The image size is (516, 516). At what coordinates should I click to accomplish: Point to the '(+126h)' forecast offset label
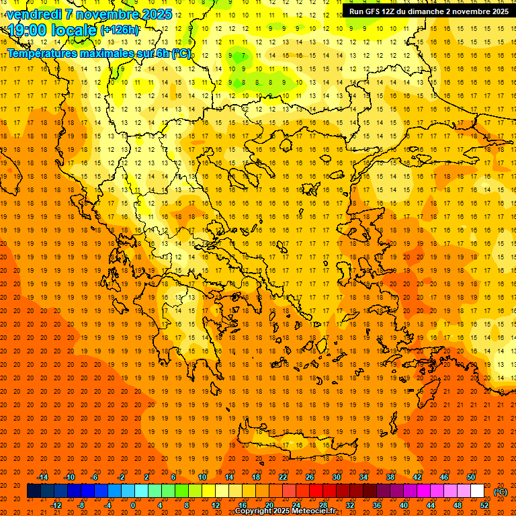pos(120,30)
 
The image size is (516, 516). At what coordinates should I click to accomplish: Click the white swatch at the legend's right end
pos(478,491)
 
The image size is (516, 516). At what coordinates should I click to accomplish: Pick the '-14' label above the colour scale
pos(42,477)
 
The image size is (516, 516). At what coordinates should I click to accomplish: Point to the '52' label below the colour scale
pos(484,505)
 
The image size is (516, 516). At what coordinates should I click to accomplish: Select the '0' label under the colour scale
pos(134,505)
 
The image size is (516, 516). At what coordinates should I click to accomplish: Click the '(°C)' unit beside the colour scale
pos(501,491)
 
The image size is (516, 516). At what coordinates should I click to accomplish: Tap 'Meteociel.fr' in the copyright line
pos(313,511)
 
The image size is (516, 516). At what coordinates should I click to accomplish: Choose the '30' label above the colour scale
pos(337,477)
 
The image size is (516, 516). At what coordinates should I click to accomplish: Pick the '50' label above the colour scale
pos(471,477)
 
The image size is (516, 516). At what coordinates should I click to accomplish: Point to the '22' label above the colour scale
pos(283,477)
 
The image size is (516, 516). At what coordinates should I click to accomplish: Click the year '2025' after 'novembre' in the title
pos(157,14)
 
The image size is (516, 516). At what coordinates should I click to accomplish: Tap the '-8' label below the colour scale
pos(81,505)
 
